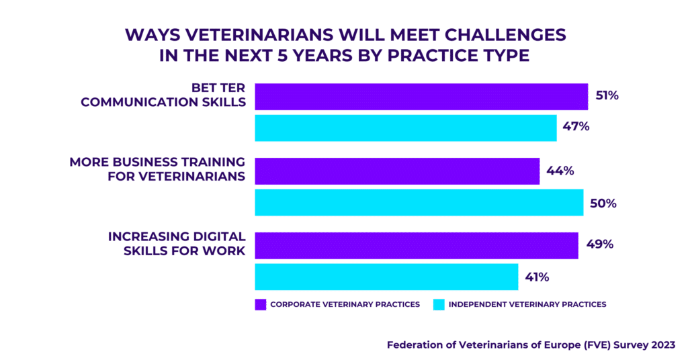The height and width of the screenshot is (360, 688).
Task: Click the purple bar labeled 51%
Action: pyautogui.click(x=421, y=97)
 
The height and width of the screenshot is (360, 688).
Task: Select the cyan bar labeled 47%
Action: pyautogui.click(x=406, y=128)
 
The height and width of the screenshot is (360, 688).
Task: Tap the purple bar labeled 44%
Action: pyautogui.click(x=397, y=171)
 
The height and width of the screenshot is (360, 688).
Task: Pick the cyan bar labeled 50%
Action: pyautogui.click(x=419, y=203)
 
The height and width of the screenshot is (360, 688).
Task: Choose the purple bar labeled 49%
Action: pyautogui.click(x=417, y=246)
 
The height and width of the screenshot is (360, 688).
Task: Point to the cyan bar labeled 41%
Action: pyautogui.click(x=386, y=277)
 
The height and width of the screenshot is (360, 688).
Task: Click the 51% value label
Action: pyautogui.click(x=607, y=95)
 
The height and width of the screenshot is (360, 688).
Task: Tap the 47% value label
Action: pyautogui.click(x=576, y=127)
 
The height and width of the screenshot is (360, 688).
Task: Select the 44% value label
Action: pyautogui.click(x=560, y=171)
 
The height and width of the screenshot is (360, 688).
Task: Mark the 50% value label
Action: pyautogui.click(x=603, y=204)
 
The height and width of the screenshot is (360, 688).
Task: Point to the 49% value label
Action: pyautogui.click(x=600, y=244)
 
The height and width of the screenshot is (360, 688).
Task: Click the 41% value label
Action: pyautogui.click(x=537, y=277)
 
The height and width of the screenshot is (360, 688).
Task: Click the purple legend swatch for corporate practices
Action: pyautogui.click(x=261, y=305)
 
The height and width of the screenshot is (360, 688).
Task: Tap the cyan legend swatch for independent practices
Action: pyautogui.click(x=439, y=305)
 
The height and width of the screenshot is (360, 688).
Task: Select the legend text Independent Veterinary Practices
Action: pyautogui.click(x=527, y=304)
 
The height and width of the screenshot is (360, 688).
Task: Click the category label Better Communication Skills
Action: pyautogui.click(x=163, y=95)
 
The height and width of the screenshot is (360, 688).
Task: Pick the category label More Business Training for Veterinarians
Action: pyautogui.click(x=157, y=169)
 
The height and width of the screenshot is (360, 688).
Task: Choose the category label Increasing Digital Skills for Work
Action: pyautogui.click(x=177, y=244)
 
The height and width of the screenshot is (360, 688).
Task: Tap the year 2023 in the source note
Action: pyautogui.click(x=663, y=345)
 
